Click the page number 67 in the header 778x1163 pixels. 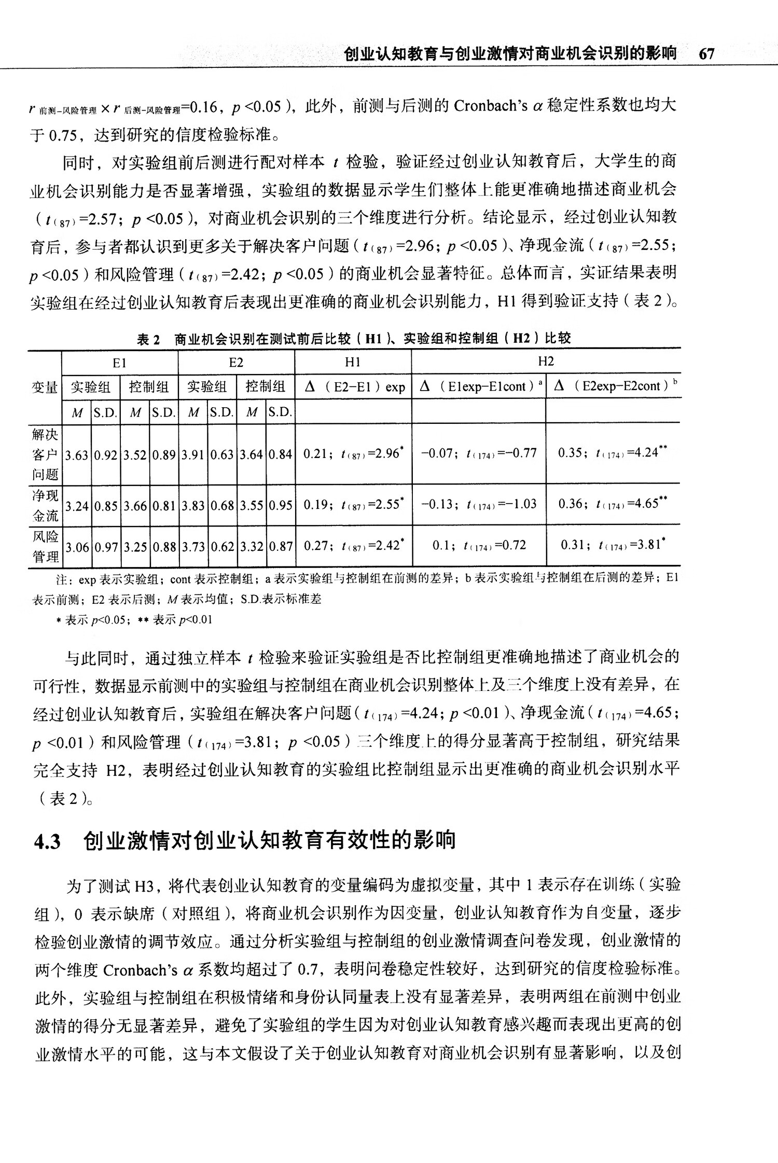[x=706, y=54]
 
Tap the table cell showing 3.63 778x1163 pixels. [x=77, y=455]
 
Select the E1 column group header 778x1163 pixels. [x=120, y=363]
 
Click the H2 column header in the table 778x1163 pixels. [x=546, y=362]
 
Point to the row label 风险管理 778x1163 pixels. [x=46, y=546]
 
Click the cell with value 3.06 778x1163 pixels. [x=77, y=547]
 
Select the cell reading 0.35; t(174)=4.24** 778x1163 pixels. [x=613, y=453]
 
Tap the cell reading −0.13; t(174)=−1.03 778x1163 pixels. [x=478, y=504]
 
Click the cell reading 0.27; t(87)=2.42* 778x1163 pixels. [x=353, y=546]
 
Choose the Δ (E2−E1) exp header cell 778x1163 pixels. [x=353, y=387]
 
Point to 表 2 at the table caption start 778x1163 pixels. [x=149, y=339]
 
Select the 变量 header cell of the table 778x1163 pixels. [x=45, y=387]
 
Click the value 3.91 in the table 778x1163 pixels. [x=193, y=455]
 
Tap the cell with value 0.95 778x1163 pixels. [x=281, y=505]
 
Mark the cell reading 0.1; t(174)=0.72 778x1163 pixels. [x=479, y=546]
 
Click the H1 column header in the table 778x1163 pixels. [x=353, y=362]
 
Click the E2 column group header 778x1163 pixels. [x=236, y=363]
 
